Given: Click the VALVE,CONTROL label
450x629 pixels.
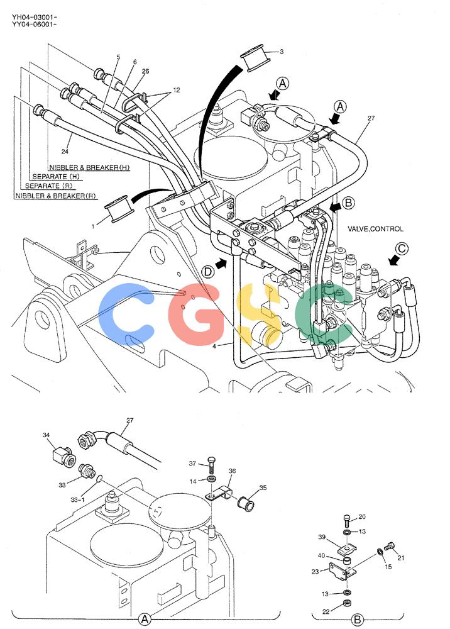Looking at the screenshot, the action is click(375, 229).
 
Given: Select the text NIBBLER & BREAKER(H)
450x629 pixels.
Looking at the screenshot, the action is click(89, 167).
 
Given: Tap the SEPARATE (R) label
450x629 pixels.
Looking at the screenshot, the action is click(48, 186).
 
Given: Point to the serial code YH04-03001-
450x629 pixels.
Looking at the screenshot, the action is click(34, 17).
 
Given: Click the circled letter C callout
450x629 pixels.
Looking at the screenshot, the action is click(402, 248).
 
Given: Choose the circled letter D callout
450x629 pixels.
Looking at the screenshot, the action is click(208, 272).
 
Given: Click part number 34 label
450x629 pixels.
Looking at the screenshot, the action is click(46, 435).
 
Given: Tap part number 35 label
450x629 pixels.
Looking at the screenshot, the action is click(263, 488).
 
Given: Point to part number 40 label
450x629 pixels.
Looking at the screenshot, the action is click(321, 555).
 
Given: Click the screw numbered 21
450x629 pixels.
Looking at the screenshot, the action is click(390, 546).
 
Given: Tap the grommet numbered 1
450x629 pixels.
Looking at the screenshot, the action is click(117, 208).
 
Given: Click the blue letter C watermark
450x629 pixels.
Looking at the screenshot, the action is click(126, 309).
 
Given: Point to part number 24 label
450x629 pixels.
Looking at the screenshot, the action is click(65, 151).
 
